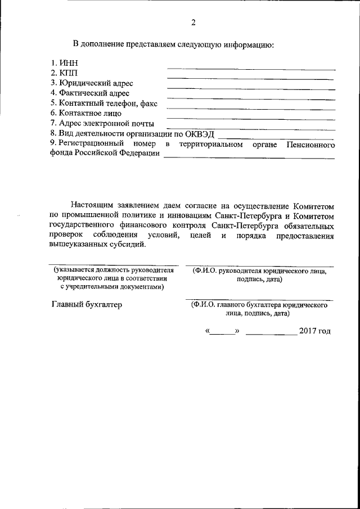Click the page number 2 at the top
193,23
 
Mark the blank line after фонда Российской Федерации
249,159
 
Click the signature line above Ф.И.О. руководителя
259,266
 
